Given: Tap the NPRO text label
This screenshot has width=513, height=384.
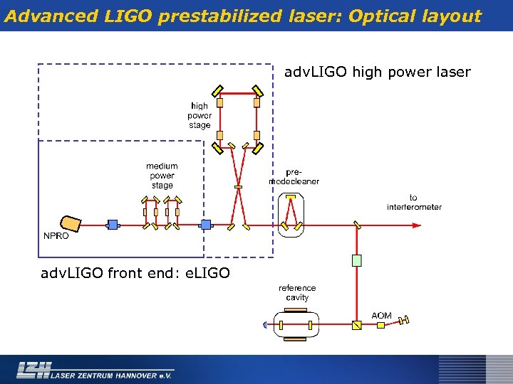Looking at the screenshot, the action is coord(56,236).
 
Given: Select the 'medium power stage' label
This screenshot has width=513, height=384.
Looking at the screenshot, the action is coord(162,176).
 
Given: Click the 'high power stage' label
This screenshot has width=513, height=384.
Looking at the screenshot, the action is coord(199,116).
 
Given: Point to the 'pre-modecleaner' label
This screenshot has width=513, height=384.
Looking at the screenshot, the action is coord(294,176).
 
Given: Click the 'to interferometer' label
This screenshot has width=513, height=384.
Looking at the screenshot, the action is coord(414,203).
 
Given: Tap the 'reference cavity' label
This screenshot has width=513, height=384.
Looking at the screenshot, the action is coord(297,293).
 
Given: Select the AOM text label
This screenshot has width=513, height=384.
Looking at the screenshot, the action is coord(381,315).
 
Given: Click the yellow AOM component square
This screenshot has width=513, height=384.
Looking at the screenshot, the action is coord(380,325).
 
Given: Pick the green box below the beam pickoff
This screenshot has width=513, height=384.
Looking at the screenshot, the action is coord(357,260).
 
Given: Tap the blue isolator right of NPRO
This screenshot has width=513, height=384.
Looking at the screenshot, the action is coord(112,225).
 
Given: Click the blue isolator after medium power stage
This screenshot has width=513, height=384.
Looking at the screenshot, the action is coord(206,225).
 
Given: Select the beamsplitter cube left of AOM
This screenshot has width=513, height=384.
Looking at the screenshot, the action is coord(357,325).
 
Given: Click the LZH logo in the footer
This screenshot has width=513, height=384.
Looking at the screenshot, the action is coord(33,369).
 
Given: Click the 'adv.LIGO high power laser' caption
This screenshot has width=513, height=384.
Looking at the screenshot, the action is coord(378,72).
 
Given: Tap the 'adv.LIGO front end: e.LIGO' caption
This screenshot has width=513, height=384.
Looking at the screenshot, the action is coord(135,272).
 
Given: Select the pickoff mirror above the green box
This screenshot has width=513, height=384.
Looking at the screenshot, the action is coord(357,225).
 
